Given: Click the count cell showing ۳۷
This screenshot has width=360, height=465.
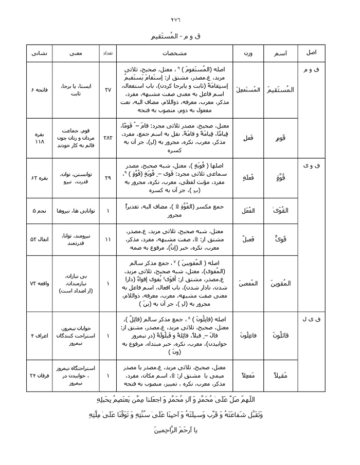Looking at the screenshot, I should [108, 90].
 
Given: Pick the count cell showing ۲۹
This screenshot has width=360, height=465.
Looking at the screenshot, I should [108, 178].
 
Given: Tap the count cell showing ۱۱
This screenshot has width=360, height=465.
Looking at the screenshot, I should [108, 239].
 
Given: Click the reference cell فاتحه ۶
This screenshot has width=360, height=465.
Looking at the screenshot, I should [40, 90].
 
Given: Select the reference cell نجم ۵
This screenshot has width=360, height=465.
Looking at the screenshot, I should [40, 211].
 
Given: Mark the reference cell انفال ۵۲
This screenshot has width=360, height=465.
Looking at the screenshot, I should [40, 239].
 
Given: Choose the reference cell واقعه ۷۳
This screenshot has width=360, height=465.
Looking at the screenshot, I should [40, 283].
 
